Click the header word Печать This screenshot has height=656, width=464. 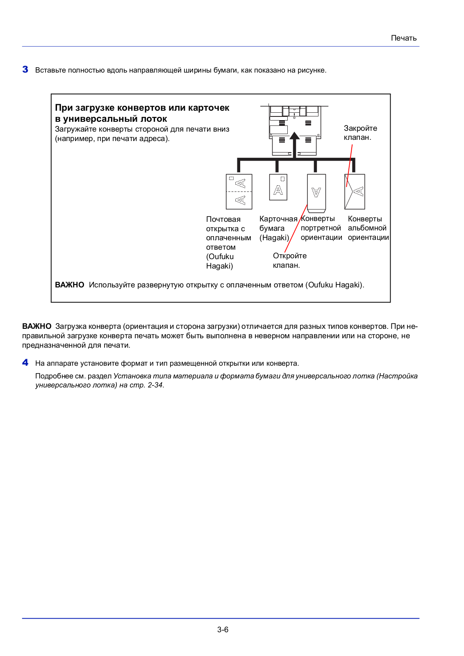pyautogui.click(x=403, y=38)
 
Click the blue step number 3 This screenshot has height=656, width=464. pyautogui.click(x=25, y=69)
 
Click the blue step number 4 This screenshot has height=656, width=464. pyautogui.click(x=25, y=362)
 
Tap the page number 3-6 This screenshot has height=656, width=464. pyautogui.click(x=223, y=629)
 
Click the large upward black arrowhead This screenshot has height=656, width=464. pyautogui.click(x=294, y=136)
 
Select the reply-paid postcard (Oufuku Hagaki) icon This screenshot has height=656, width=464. pyautogui.click(x=239, y=191)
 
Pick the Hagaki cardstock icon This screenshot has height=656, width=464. pyautogui.click(x=278, y=187)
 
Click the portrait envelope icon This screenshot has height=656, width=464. pyautogui.click(x=316, y=193)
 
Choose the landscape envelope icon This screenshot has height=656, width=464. pyautogui.click(x=355, y=191)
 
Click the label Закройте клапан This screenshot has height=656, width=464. pyautogui.click(x=360, y=133)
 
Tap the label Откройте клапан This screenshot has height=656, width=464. pyautogui.click(x=290, y=260)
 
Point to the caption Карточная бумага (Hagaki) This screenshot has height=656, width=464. pyautogui.click(x=278, y=228)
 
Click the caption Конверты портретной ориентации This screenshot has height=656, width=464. pyautogui.click(x=321, y=228)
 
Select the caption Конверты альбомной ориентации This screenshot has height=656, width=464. pyautogui.click(x=368, y=228)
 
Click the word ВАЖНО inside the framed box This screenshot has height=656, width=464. pyautogui.click(x=70, y=285)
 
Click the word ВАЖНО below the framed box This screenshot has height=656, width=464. pyautogui.click(x=37, y=326)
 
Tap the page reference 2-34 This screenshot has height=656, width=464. pyautogui.click(x=155, y=385)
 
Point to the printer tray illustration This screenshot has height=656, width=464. pyautogui.click(x=294, y=130)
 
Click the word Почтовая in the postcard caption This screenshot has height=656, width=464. pyautogui.click(x=223, y=219)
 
